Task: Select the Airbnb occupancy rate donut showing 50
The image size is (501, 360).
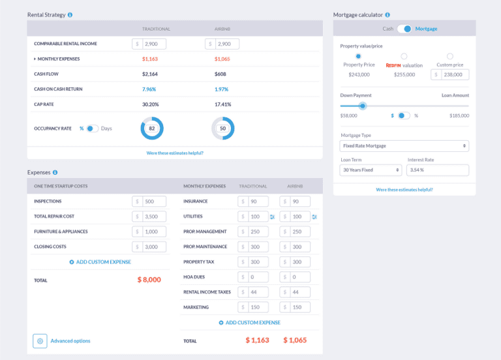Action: click(x=222, y=128)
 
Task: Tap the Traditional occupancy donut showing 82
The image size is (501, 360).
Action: click(x=152, y=128)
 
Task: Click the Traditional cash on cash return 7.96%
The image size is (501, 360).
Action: click(x=149, y=89)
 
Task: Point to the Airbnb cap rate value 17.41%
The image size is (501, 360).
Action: click(x=222, y=104)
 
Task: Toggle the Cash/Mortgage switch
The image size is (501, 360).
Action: click(x=404, y=29)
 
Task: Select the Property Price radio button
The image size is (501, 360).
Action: click(x=358, y=57)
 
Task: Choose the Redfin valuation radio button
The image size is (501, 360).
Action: click(x=404, y=57)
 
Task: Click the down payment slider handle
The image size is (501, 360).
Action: click(x=363, y=106)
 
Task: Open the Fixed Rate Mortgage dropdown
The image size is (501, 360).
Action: click(x=404, y=146)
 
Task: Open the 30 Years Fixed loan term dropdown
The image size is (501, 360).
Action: click(x=371, y=170)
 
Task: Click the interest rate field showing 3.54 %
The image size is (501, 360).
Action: click(x=437, y=170)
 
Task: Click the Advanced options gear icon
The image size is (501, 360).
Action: click(x=40, y=340)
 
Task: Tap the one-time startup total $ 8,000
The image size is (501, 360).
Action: click(x=149, y=280)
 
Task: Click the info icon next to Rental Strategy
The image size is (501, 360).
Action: click(x=70, y=14)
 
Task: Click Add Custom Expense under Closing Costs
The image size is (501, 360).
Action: click(x=100, y=262)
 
